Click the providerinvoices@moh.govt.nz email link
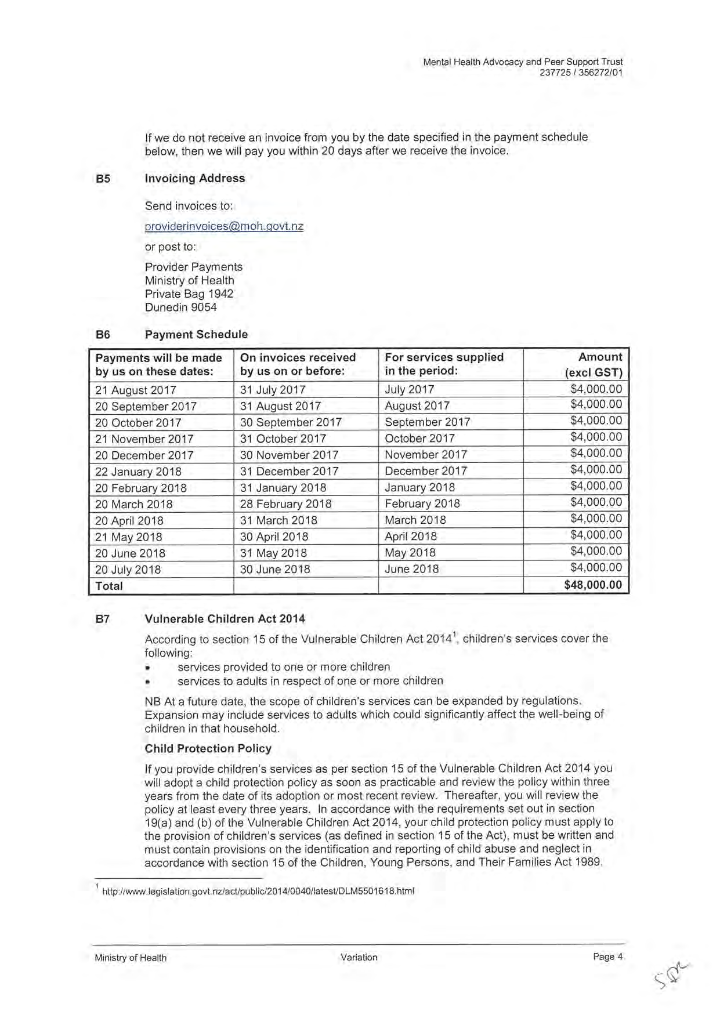click(x=224, y=226)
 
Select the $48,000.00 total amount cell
click(x=592, y=585)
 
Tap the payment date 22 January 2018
click(x=138, y=472)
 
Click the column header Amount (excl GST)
click(x=594, y=364)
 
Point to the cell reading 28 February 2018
click(x=285, y=504)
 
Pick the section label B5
click(x=103, y=179)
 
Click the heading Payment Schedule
click(x=196, y=335)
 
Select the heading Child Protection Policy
click(x=208, y=748)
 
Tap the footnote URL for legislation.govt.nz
click(x=258, y=891)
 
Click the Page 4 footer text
click(x=607, y=957)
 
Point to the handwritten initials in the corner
click(x=672, y=976)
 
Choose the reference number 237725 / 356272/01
click(x=581, y=73)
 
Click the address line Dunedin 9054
click(x=180, y=307)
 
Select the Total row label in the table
click(x=109, y=586)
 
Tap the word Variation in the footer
click(x=359, y=957)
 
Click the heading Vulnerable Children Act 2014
click(x=225, y=619)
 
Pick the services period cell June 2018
click(x=411, y=569)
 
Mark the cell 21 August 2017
click(x=135, y=390)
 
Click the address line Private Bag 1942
click(x=189, y=294)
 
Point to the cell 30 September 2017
click(x=291, y=422)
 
